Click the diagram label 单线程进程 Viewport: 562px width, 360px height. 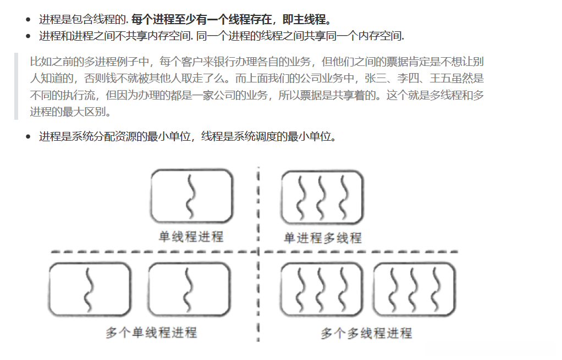click(x=191, y=237)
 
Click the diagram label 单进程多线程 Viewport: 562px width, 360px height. click(x=322, y=238)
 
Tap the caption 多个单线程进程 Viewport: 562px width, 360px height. click(x=151, y=333)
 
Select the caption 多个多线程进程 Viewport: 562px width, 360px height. click(x=366, y=333)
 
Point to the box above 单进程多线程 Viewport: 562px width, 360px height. click(x=322, y=196)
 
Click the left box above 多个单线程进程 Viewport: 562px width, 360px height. click(x=90, y=290)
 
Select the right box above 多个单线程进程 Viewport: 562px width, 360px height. click(x=189, y=290)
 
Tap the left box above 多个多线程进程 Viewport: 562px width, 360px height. click(x=322, y=290)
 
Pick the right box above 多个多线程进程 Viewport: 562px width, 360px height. click(x=415, y=290)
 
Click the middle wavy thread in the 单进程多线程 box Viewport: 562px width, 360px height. click(x=323, y=196)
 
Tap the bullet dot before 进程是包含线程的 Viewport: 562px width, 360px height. click(x=28, y=20)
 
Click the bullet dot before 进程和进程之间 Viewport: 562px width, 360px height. click(x=28, y=37)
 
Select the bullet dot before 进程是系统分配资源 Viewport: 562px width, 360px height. click(x=28, y=137)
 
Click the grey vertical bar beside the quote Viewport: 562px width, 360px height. click(x=16, y=86)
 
